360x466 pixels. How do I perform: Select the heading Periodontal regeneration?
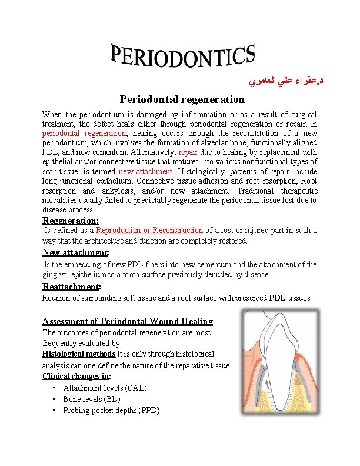pyautogui.click(x=182, y=99)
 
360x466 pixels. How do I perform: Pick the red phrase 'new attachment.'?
pyautogui.click(x=146, y=171)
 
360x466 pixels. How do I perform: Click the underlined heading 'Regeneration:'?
pyautogui.click(x=71, y=220)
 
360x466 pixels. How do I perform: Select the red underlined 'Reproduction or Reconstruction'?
pyautogui.click(x=149, y=231)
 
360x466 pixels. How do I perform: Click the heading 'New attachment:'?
pyautogui.click(x=76, y=253)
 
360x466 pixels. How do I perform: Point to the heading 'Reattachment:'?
pyautogui.click(x=72, y=287)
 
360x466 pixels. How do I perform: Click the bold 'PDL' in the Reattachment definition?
pyautogui.click(x=278, y=298)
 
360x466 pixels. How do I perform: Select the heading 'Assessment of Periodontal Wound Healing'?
pyautogui.click(x=128, y=321)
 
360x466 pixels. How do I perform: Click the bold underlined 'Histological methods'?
pyautogui.click(x=78, y=354)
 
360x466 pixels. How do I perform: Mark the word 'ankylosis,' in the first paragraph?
pyautogui.click(x=119, y=191)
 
